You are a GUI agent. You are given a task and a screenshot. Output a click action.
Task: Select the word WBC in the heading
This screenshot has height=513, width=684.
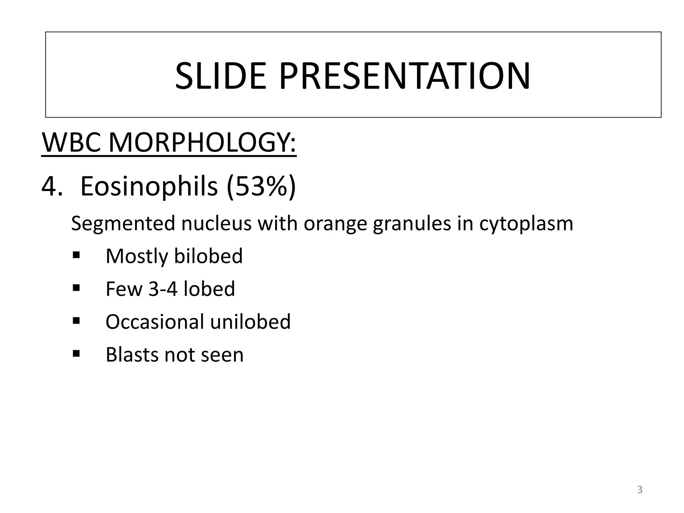pos(71,143)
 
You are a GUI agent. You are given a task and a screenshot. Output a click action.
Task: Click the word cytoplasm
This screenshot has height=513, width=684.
pos(526,223)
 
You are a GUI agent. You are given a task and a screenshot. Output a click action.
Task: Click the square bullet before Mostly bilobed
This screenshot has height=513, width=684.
pos(76,255)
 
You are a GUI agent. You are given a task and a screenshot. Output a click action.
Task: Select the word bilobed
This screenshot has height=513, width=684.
pos(208,256)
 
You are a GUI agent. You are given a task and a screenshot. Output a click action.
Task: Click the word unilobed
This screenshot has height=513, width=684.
pos(250,322)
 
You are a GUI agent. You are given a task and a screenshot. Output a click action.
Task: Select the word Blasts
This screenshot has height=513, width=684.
pos(132,354)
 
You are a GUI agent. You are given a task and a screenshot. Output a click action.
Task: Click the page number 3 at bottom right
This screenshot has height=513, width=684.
pos(640,490)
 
